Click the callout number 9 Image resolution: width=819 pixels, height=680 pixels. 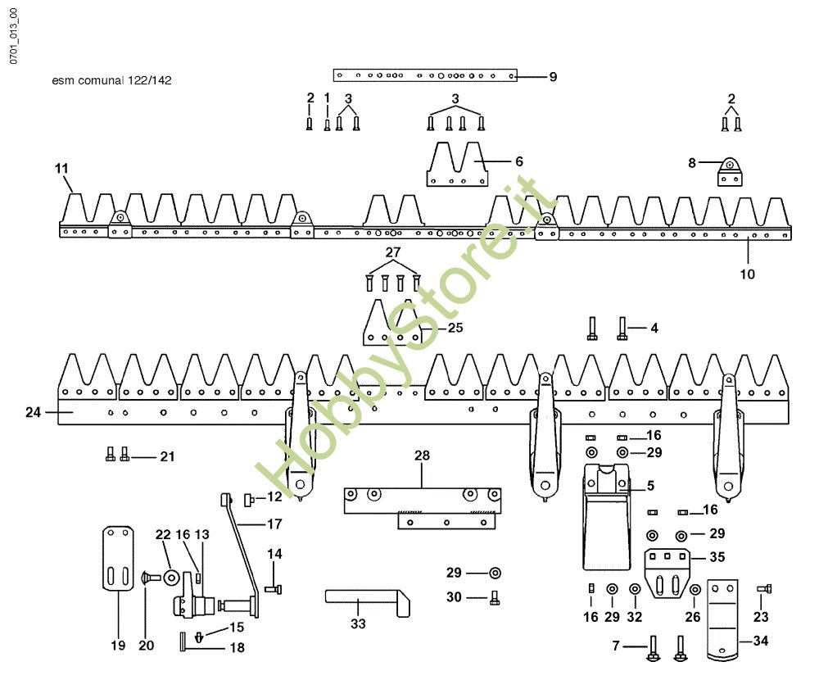(x=553, y=77)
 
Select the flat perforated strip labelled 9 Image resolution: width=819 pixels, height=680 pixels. (x=425, y=75)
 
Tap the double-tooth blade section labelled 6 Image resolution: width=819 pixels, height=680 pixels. (x=457, y=164)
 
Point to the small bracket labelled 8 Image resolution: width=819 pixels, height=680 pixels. (x=731, y=172)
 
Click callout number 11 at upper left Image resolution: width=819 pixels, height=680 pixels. (x=61, y=168)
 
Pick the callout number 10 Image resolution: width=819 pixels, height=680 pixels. (x=748, y=274)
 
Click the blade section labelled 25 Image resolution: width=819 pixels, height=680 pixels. (x=391, y=322)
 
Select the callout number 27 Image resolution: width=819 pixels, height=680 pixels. (x=393, y=252)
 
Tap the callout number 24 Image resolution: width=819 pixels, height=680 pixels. (x=33, y=412)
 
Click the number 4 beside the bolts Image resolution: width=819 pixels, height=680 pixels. (x=654, y=329)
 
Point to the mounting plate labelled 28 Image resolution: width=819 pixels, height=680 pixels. (x=422, y=508)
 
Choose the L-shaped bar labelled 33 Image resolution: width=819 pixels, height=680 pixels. (x=367, y=603)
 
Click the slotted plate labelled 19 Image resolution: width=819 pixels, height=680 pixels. (x=118, y=558)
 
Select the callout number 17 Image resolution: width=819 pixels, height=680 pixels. (x=274, y=524)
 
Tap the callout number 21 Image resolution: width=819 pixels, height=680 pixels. (x=167, y=456)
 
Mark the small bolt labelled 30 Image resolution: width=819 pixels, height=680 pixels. (x=495, y=598)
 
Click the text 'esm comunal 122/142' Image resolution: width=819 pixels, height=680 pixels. (x=111, y=80)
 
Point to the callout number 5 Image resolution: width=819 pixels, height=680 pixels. (x=650, y=486)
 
